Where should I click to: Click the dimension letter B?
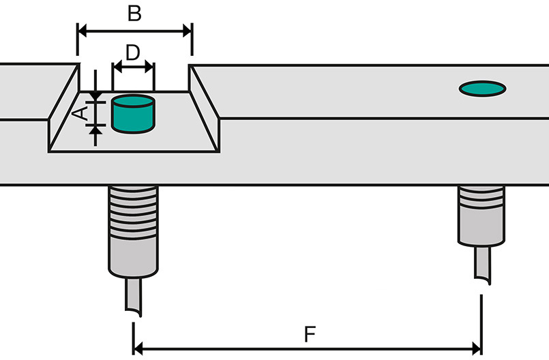[134, 14]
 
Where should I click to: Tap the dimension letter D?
[133, 53]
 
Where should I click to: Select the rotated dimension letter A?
[80, 114]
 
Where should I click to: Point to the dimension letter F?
[310, 334]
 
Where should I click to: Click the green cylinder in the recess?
[133, 114]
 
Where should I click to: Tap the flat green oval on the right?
[482, 89]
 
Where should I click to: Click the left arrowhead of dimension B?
[82, 31]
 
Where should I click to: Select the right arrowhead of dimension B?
[188, 31]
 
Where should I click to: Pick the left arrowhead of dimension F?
[138, 349]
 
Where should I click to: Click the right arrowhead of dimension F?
[477, 349]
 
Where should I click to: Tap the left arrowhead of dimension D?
[117, 67]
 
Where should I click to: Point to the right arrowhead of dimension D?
[149, 67]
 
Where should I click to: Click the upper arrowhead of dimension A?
[95, 97]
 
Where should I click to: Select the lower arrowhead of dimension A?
[95, 130]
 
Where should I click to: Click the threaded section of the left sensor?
[133, 213]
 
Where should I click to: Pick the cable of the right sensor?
[482, 265]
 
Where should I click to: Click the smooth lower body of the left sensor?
[133, 258]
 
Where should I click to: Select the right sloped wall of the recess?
[204, 108]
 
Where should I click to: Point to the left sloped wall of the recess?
[63, 108]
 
